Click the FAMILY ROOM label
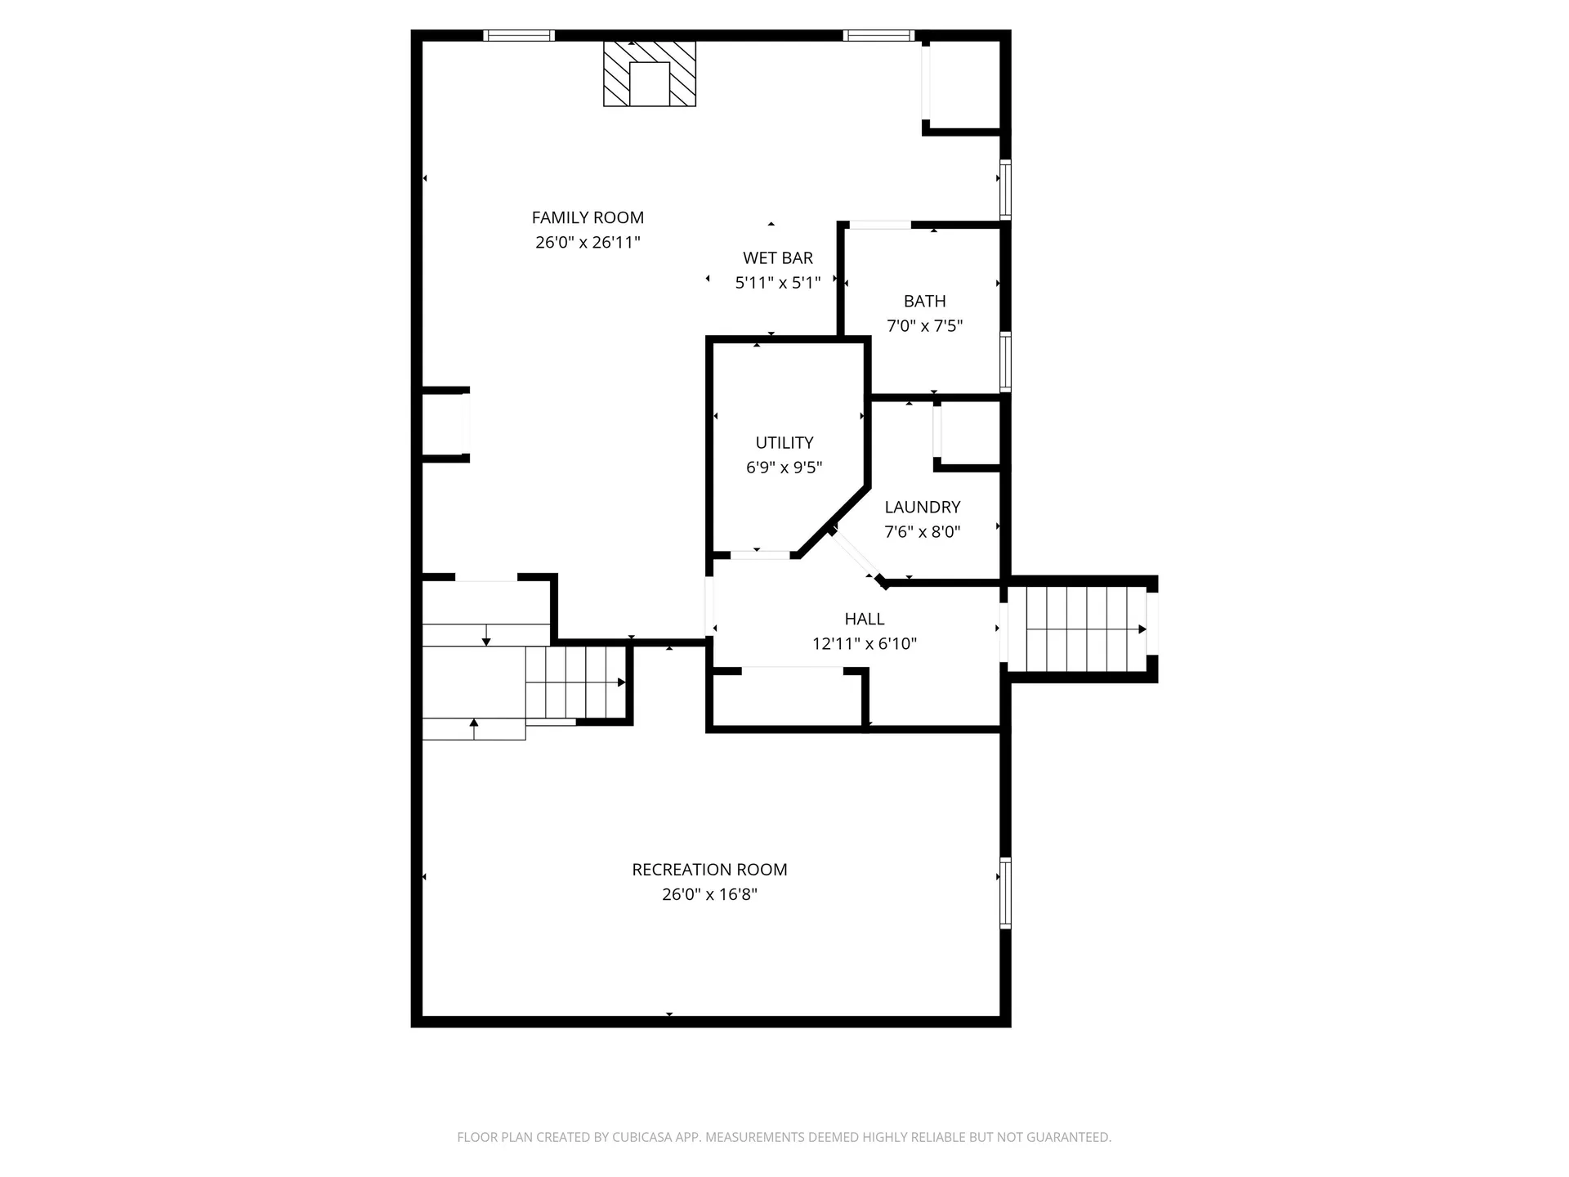588,217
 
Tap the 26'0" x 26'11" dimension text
588,242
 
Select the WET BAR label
778,258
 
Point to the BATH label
924,301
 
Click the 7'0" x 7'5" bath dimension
924,325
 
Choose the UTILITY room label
784,442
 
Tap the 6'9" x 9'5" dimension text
784,468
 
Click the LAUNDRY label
922,507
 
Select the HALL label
865,619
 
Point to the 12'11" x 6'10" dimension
865,643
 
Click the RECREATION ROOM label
709,870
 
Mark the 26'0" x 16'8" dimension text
709,894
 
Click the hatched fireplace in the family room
650,74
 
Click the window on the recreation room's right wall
1006,893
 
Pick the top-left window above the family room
519,35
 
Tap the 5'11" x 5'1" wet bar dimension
778,283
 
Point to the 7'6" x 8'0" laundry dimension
922,531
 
